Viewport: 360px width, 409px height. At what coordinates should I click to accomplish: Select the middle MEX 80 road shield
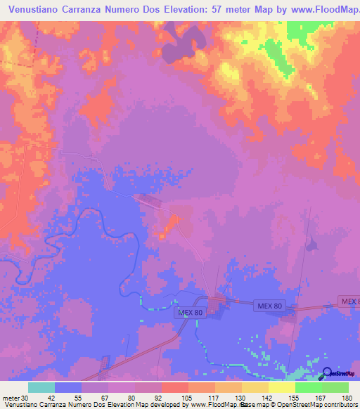(269, 306)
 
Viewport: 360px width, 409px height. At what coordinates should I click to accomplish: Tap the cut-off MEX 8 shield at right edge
(349, 301)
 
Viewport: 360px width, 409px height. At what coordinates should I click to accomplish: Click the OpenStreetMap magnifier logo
(328, 373)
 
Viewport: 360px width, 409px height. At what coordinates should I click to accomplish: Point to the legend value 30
(25, 397)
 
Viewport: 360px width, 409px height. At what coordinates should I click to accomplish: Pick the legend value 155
(295, 397)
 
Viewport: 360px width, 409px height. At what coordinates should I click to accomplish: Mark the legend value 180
(347, 397)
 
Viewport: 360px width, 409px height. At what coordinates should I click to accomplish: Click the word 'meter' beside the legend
(10, 397)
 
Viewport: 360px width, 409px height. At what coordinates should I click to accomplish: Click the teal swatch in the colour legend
(41, 387)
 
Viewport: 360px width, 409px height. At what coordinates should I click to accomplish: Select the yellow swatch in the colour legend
(281, 387)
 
